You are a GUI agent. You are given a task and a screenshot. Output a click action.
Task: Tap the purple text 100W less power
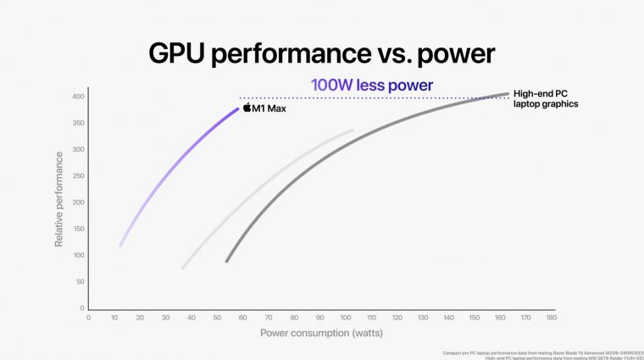point(372,85)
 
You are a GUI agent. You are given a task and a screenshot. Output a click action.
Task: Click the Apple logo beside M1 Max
point(247,108)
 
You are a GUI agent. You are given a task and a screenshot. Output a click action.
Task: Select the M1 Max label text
point(269,109)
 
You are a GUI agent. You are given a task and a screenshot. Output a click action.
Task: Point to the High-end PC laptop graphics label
point(546,98)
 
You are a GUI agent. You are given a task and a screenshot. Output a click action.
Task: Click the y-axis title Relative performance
point(59,199)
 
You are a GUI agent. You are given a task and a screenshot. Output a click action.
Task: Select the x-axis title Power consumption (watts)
point(321,333)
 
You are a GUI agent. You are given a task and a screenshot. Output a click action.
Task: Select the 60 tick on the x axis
point(243,318)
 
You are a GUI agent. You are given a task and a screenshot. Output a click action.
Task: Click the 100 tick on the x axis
point(346,318)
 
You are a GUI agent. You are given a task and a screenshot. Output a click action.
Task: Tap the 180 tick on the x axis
point(552,318)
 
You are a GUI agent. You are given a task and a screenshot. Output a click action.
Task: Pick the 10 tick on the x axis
point(114,318)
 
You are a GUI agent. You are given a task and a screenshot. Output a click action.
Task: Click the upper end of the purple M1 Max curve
point(238,108)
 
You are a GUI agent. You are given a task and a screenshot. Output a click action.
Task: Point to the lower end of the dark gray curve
point(226,261)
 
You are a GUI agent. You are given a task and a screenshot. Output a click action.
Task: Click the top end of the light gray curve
point(353,130)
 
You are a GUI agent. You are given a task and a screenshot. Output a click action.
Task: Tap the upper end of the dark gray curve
point(508,94)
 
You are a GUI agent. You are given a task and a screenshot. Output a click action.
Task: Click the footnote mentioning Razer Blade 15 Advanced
point(542,352)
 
